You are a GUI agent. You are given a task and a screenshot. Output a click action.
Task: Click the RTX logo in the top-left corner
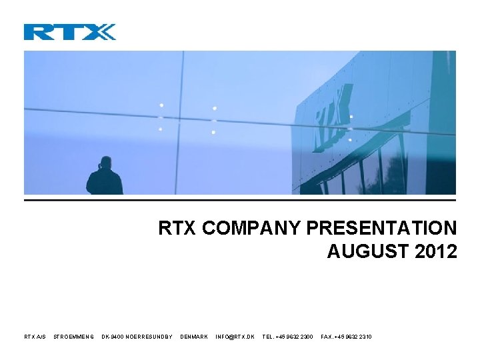(x=69, y=31)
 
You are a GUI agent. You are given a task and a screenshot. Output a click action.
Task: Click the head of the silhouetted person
(x=105, y=162)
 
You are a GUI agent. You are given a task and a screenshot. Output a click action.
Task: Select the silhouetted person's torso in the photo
(x=105, y=181)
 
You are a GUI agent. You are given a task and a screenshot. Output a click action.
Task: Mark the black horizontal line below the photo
(x=240, y=200)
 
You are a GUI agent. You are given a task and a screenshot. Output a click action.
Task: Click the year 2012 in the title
(x=435, y=251)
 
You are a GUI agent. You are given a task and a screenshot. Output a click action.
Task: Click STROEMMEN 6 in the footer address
(x=73, y=337)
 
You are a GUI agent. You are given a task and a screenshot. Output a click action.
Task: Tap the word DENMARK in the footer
(x=194, y=337)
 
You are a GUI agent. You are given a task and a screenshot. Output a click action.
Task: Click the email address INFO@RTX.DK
(x=235, y=337)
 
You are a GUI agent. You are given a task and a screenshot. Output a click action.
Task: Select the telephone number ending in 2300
(x=287, y=337)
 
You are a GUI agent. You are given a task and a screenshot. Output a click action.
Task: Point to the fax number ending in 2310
(x=346, y=337)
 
